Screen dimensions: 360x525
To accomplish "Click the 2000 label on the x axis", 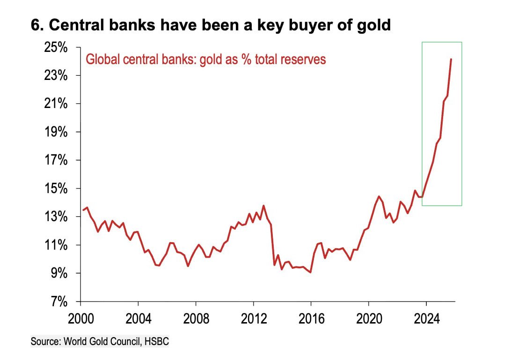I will (80, 319).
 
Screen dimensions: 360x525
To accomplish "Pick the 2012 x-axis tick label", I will (254, 319).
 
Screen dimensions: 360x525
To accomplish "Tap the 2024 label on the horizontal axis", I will (427, 319).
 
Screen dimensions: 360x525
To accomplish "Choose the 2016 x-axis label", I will (311, 319).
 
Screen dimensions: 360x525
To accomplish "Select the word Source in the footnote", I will (45, 342).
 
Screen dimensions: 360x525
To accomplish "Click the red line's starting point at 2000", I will (83, 210).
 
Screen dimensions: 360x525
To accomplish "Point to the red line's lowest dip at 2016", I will (311, 272).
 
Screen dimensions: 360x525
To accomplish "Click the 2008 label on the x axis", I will (196, 319).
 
